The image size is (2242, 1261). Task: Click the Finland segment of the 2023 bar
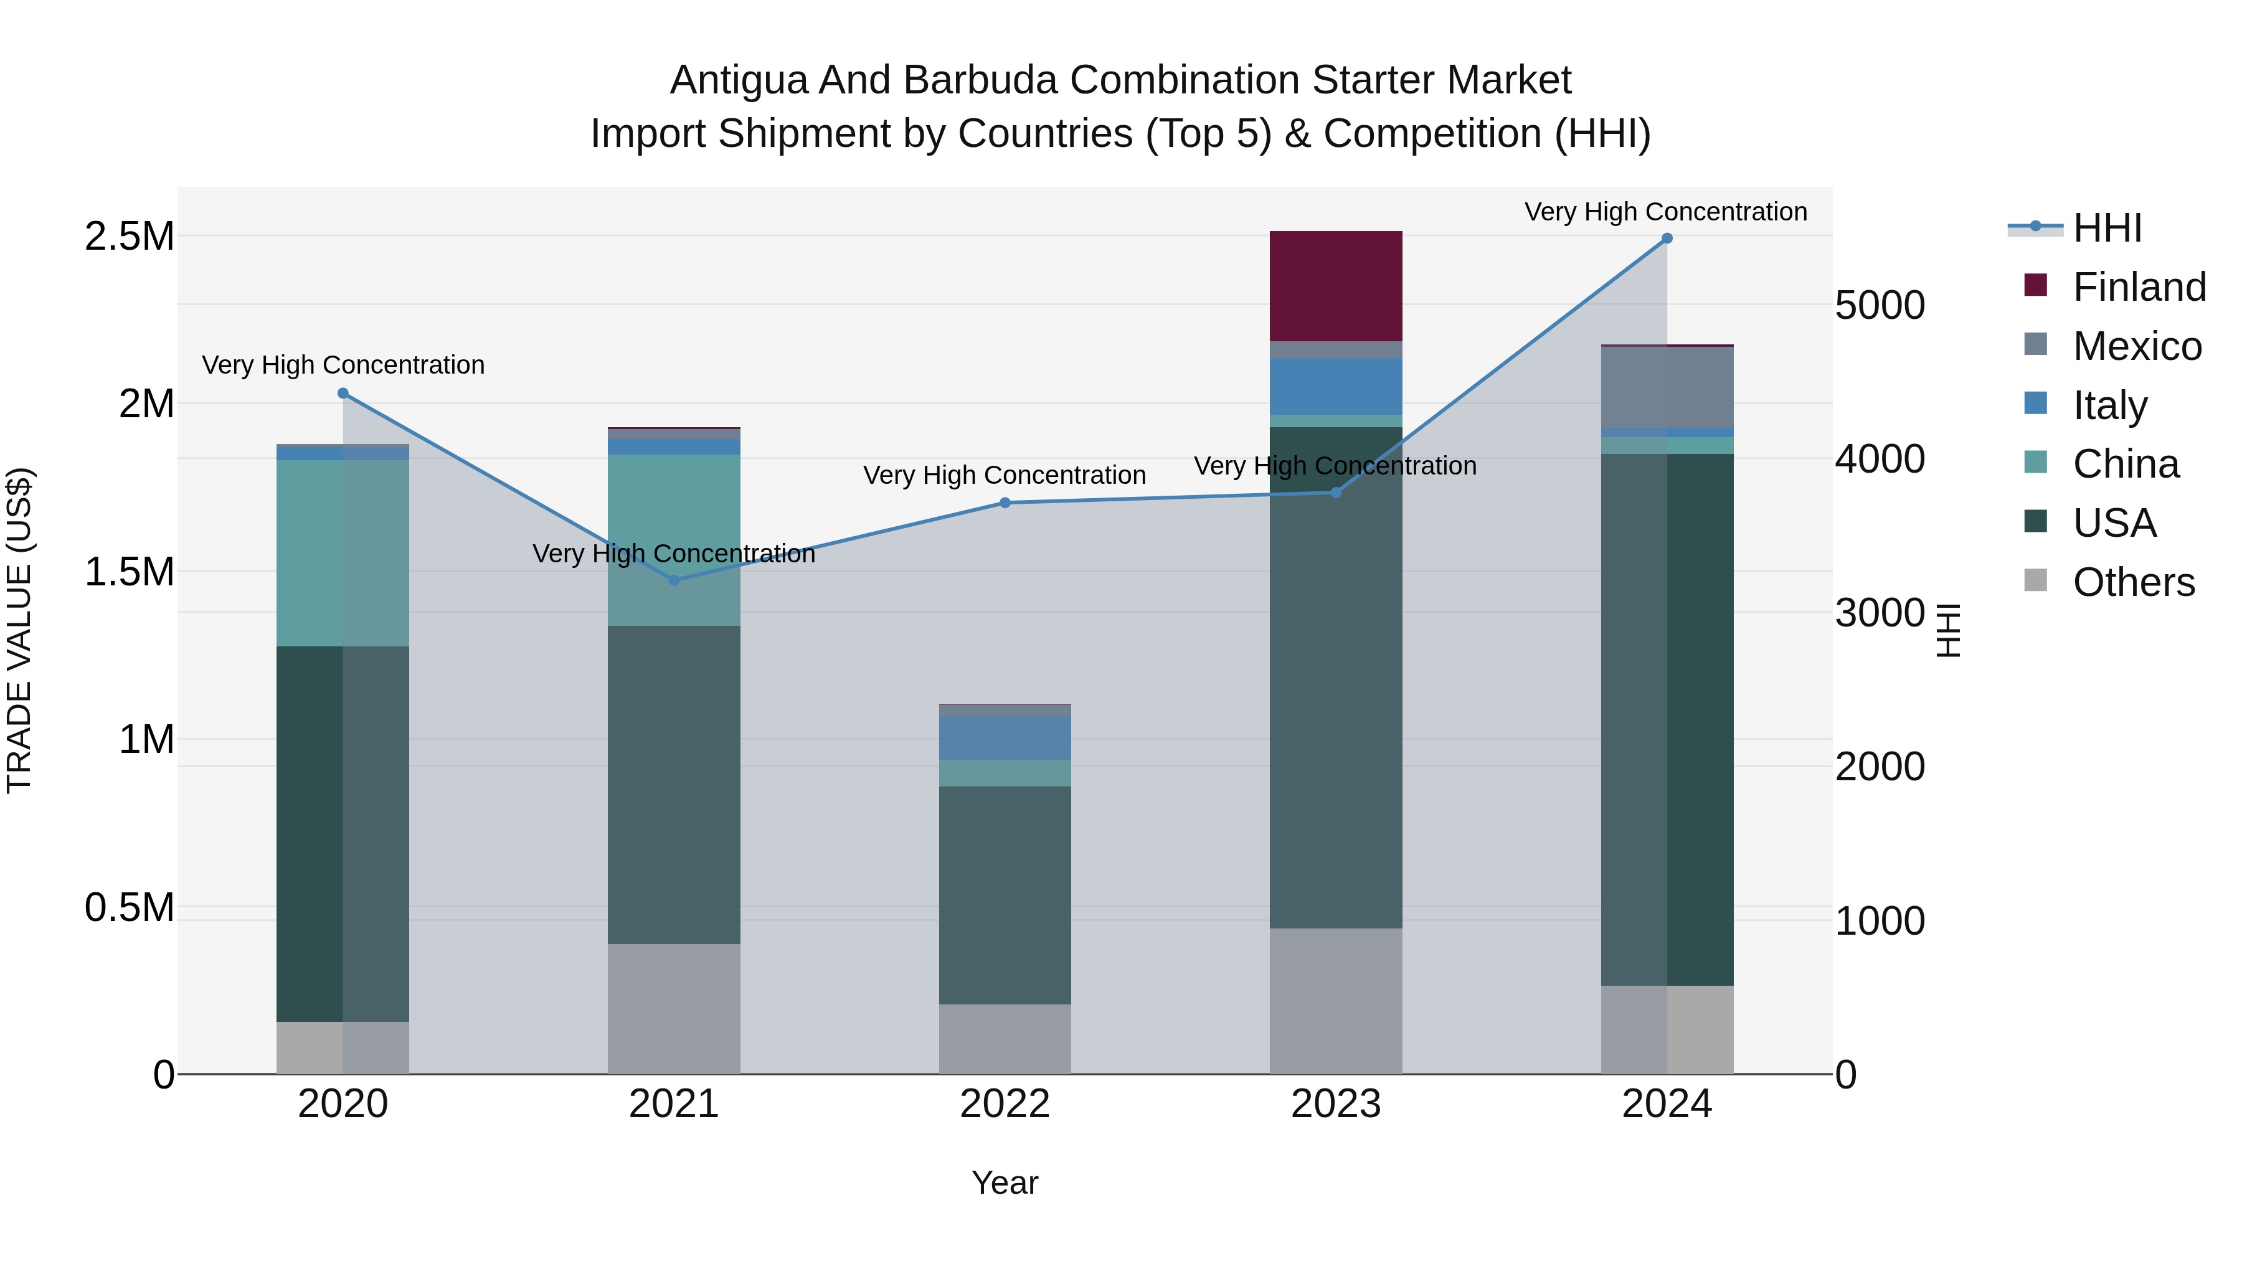click(x=1335, y=285)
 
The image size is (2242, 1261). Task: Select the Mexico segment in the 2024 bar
click(x=1667, y=387)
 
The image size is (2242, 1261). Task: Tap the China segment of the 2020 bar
click(x=342, y=552)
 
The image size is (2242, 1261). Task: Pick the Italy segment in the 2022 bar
click(x=1005, y=738)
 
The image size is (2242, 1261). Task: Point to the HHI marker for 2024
click(x=1667, y=238)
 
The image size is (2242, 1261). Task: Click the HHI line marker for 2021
click(x=674, y=580)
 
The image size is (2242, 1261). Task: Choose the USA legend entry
click(x=2114, y=523)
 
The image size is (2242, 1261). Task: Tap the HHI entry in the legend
click(x=2106, y=228)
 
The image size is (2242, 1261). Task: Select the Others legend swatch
click(x=2036, y=580)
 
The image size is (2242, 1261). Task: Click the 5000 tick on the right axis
click(x=1880, y=306)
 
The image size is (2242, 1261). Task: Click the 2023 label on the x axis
click(x=1335, y=1104)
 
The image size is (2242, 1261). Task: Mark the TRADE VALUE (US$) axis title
click(x=19, y=630)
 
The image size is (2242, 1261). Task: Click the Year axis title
click(x=1005, y=1183)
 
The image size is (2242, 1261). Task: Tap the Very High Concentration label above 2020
click(x=343, y=365)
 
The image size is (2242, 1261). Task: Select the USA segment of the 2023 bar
click(x=1335, y=679)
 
